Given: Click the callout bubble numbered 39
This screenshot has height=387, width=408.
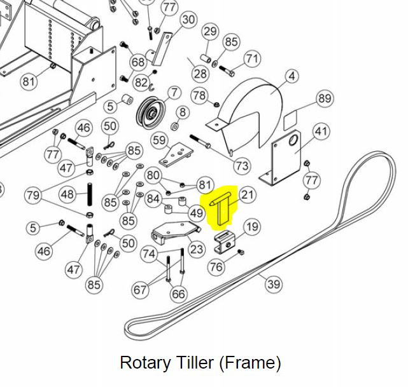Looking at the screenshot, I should pyautogui.click(x=274, y=283).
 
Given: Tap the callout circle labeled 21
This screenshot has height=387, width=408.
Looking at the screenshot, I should pyautogui.click(x=247, y=194).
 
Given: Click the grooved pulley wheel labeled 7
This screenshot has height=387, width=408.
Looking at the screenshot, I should pyautogui.click(x=151, y=114).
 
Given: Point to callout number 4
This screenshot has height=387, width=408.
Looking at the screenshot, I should pyautogui.click(x=292, y=76).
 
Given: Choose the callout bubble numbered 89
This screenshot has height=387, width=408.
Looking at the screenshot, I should pyautogui.click(x=325, y=98).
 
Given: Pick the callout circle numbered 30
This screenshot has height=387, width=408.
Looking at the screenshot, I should pyautogui.click(x=188, y=20).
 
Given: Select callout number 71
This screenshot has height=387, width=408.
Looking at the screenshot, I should pyautogui.click(x=252, y=59).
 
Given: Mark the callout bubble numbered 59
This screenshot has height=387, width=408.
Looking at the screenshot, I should pyautogui.click(x=159, y=140).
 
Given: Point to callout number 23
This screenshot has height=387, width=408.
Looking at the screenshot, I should pyautogui.click(x=197, y=249).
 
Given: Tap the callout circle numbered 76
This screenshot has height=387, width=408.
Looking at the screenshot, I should pyautogui.click(x=217, y=266).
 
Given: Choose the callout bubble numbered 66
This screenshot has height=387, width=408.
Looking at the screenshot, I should pyautogui.click(x=178, y=294).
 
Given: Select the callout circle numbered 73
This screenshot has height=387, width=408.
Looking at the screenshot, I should pyautogui.click(x=242, y=166).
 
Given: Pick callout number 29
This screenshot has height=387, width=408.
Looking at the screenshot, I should pyautogui.click(x=209, y=31).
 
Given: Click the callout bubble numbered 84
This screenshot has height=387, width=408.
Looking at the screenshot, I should pyautogui.click(x=153, y=199).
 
